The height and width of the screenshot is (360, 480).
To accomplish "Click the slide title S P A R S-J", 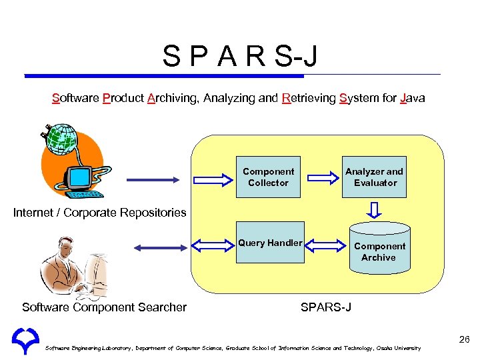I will click(240, 56).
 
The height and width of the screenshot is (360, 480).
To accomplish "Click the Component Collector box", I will click(268, 177).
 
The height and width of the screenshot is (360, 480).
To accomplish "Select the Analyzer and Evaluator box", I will click(375, 177).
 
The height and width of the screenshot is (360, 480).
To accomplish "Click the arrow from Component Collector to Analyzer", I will click(323, 177).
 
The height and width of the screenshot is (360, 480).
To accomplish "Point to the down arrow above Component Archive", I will click(376, 210).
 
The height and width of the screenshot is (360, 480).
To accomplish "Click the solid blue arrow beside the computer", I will click(151, 179).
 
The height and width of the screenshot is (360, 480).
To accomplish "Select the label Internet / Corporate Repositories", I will click(100, 213).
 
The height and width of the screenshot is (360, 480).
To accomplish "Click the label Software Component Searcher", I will click(104, 307).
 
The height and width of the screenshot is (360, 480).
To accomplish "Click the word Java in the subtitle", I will click(413, 99).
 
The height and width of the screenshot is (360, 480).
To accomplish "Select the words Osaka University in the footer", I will click(399, 349).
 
